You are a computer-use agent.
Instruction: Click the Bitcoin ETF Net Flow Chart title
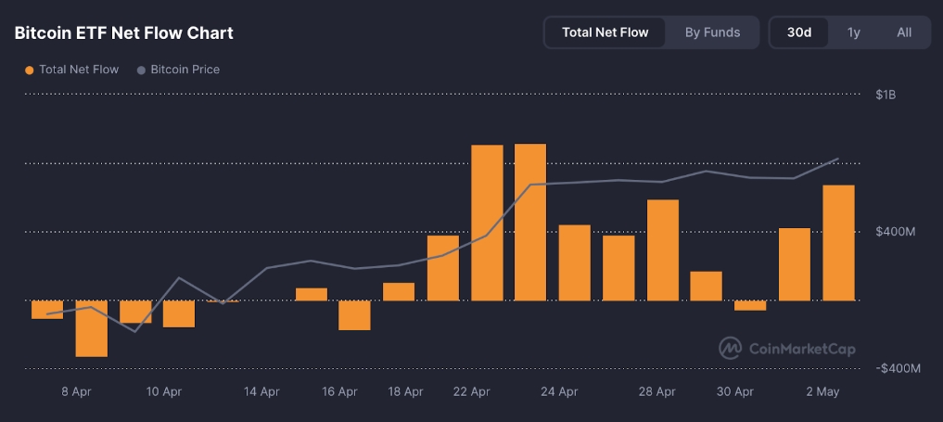[123, 32]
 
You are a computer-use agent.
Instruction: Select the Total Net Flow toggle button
[605, 32]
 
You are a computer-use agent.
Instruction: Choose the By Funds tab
[712, 32]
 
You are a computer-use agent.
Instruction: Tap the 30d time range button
[799, 32]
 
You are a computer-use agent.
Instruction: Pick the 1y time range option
[853, 32]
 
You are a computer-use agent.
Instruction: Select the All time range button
[904, 32]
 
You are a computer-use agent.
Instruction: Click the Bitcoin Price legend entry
[185, 70]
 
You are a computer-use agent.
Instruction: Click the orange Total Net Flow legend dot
[30, 70]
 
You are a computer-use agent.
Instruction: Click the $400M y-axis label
[896, 231]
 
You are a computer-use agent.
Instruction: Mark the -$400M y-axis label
[898, 368]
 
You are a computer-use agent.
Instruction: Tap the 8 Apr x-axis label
[76, 392]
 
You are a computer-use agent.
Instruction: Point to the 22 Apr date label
[471, 392]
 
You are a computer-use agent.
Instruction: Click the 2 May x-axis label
[822, 392]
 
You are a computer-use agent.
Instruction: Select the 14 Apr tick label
[261, 392]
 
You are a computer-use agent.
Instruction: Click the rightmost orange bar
[838, 243]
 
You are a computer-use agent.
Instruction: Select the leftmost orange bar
[47, 310]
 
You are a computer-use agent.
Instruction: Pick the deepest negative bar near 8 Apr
[91, 328]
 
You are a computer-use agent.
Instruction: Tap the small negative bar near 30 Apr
[750, 305]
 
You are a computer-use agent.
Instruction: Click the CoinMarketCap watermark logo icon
[731, 348]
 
